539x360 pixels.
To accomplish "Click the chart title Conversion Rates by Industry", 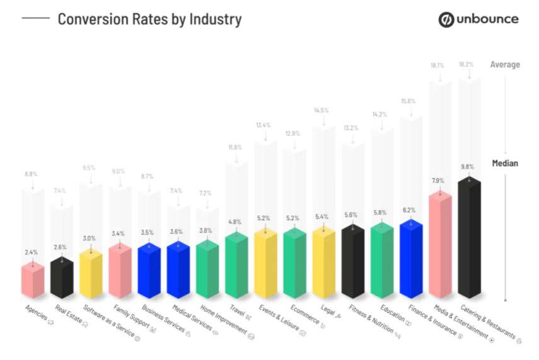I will tap(149, 19).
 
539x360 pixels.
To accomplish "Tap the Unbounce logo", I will tap(479, 19).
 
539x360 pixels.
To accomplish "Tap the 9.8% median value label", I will tap(468, 167).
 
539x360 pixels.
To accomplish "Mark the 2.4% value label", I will tap(31, 252).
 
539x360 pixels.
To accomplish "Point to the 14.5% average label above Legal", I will tap(322, 111).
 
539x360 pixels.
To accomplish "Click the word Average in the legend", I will tap(505, 64).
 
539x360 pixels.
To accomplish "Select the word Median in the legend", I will tap(505, 164).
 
